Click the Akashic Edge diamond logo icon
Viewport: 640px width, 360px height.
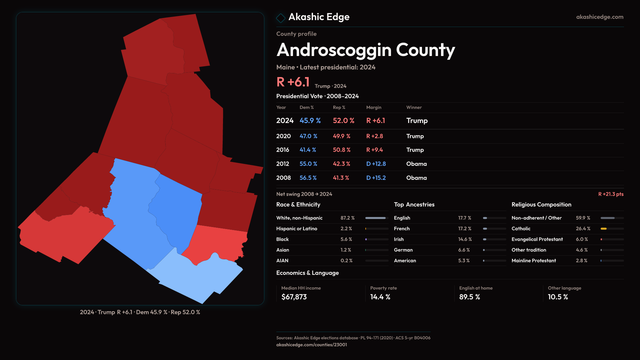point(281,18)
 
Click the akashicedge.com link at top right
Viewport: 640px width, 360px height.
point(599,17)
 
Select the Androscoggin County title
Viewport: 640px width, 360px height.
point(366,50)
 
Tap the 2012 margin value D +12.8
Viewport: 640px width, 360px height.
point(376,164)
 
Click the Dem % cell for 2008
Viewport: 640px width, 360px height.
point(308,178)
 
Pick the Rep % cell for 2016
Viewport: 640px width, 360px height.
point(341,150)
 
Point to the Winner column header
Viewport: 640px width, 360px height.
point(414,107)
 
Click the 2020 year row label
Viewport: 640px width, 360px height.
point(283,136)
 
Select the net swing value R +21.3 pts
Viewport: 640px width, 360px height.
point(610,194)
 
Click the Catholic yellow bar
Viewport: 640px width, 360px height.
point(603,229)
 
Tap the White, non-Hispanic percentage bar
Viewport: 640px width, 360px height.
point(375,218)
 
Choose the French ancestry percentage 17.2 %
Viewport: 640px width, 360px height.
point(464,229)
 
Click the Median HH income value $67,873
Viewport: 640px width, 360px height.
point(294,297)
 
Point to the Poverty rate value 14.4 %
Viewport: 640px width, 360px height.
point(380,297)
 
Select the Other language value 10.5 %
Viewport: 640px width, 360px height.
point(558,297)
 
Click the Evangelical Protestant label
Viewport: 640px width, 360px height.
point(537,239)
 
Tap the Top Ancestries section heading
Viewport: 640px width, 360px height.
point(414,205)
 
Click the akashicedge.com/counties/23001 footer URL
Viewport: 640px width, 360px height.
point(311,345)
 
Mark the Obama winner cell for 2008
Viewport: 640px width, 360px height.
point(416,178)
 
